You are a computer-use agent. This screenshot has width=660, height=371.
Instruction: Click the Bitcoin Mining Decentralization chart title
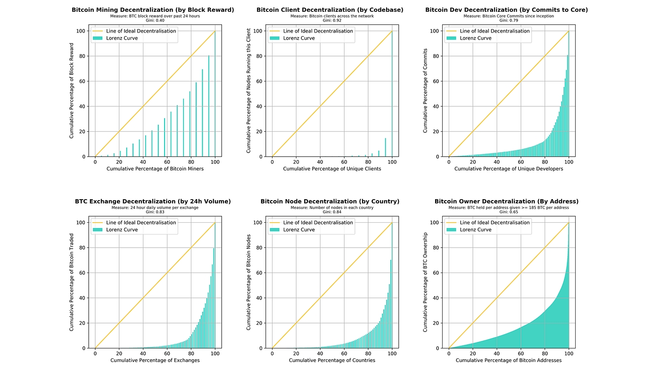pyautogui.click(x=153, y=9)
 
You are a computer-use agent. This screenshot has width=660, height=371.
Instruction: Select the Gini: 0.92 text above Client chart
pyautogui.click(x=330, y=20)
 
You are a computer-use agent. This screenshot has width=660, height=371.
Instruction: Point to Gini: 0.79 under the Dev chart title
pyautogui.click(x=506, y=20)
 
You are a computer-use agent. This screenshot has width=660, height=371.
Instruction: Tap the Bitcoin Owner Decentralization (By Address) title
pyautogui.click(x=506, y=201)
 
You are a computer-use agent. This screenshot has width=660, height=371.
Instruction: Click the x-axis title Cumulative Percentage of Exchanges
pyautogui.click(x=155, y=360)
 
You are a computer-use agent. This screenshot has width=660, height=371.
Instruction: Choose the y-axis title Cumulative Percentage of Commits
pyautogui.click(x=425, y=90)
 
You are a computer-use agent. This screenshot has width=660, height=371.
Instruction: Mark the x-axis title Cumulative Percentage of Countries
pyautogui.click(x=332, y=360)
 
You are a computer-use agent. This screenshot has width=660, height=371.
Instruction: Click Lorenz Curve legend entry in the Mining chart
pyautogui.click(x=122, y=38)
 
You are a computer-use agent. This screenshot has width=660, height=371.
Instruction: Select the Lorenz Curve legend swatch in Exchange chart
pyautogui.click(x=98, y=230)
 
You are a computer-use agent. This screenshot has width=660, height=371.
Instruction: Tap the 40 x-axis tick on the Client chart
pyautogui.click(x=320, y=162)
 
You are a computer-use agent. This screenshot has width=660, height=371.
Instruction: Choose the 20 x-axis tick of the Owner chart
pyautogui.click(x=473, y=354)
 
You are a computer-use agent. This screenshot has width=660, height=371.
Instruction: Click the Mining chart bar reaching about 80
pyautogui.click(x=209, y=106)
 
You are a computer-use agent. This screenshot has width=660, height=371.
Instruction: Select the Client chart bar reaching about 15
pyautogui.click(x=385, y=147)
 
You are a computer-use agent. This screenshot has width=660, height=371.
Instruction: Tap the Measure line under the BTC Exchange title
pyautogui.click(x=155, y=207)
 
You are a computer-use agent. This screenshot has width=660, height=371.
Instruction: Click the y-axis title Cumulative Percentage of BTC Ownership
pyautogui.click(x=425, y=282)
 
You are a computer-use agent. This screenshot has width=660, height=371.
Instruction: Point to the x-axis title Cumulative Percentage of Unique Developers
pyautogui.click(x=509, y=169)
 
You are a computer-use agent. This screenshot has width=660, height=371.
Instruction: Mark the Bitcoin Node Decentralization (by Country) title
pyautogui.click(x=330, y=201)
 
